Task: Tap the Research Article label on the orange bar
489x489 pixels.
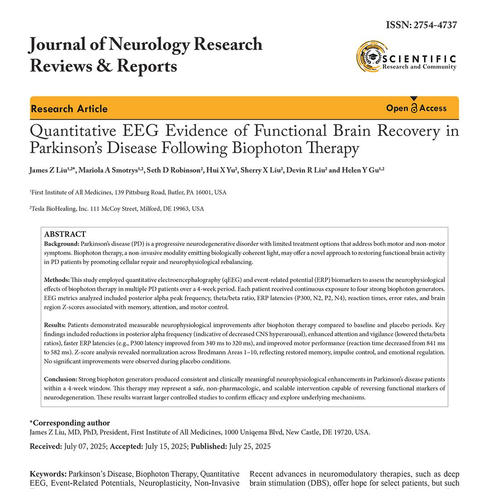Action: coord(69,109)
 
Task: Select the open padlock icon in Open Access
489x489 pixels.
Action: coord(414,108)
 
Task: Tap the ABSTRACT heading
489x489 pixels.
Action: coord(65,234)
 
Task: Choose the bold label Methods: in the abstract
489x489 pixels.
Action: coord(57,280)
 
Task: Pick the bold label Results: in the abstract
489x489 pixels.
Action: coord(55,325)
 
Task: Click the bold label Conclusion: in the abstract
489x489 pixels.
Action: coord(61,379)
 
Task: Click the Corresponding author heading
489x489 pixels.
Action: coord(70,423)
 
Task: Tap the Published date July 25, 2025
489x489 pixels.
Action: coord(250,446)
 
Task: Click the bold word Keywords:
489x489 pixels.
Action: coord(48,474)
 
